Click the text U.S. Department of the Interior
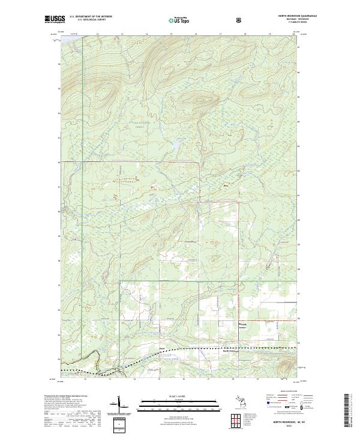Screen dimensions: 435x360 coord(91,17)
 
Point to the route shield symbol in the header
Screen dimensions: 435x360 coord(240,20)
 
